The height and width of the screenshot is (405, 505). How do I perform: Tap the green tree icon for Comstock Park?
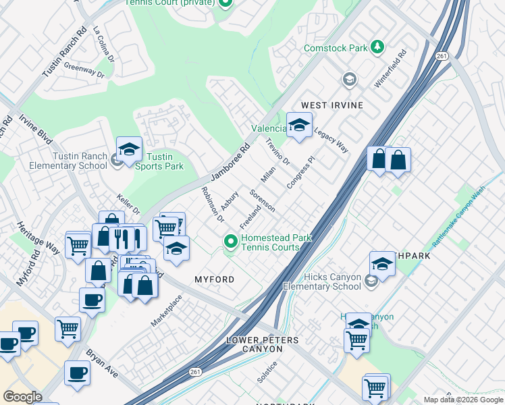point(378,47)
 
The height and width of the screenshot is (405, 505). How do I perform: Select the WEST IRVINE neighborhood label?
point(332,105)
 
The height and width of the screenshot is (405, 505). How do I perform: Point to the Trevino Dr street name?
point(277,152)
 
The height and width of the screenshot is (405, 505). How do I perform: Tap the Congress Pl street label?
point(301,173)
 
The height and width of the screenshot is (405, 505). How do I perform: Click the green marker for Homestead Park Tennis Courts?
point(231,241)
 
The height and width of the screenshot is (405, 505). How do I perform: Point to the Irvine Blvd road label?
point(36,128)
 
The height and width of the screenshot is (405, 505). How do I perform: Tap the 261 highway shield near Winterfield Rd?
point(442,55)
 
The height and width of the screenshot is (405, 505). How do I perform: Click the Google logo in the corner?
point(22,396)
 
